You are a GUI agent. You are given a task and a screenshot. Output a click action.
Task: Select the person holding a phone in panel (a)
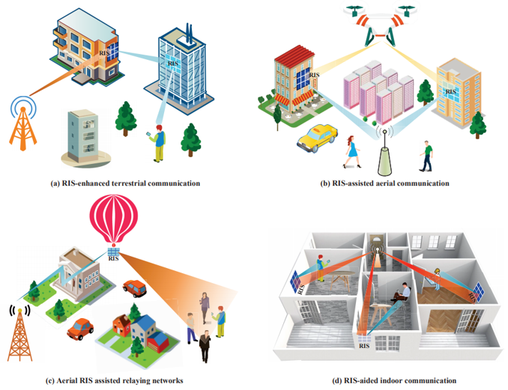pyautogui.click(x=158, y=143)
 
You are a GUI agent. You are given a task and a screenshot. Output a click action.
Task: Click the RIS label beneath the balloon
pyautogui.click(x=115, y=260)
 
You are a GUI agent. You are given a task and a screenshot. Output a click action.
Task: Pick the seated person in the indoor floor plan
pyautogui.click(x=402, y=290)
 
